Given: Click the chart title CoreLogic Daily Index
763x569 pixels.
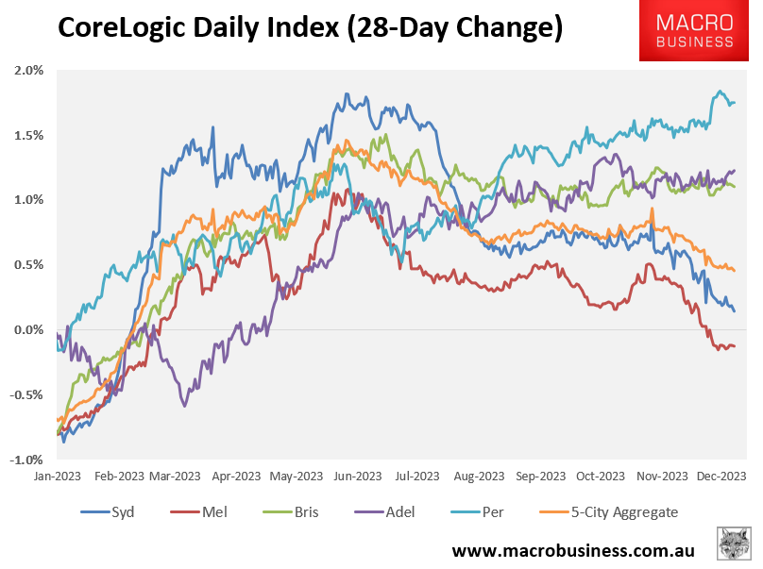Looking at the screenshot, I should tap(311, 28).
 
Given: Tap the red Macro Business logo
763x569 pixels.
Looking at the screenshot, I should tap(699, 31).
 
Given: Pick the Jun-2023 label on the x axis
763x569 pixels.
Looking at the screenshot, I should tap(358, 477).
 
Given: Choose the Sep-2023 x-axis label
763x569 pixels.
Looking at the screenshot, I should tap(539, 477).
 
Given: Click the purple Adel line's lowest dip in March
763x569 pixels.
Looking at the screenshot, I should tap(184, 406).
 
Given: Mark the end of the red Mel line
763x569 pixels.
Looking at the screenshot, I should tap(735, 346).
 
